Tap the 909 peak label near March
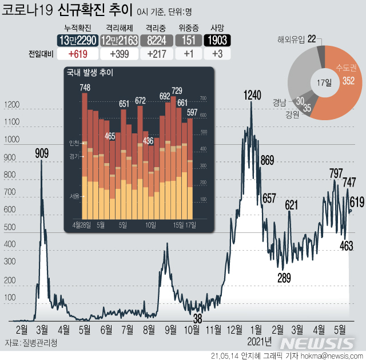point(41,153)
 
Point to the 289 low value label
point(284,278)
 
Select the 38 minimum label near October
point(198,318)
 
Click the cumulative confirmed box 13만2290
point(77,40)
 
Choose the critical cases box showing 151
point(187,40)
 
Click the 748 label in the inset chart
point(85,88)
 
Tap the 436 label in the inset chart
point(148,140)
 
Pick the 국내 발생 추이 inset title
point(90,73)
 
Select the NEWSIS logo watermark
point(319,343)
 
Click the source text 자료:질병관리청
point(30,343)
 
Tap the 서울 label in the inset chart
point(74,195)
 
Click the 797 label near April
point(336,173)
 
